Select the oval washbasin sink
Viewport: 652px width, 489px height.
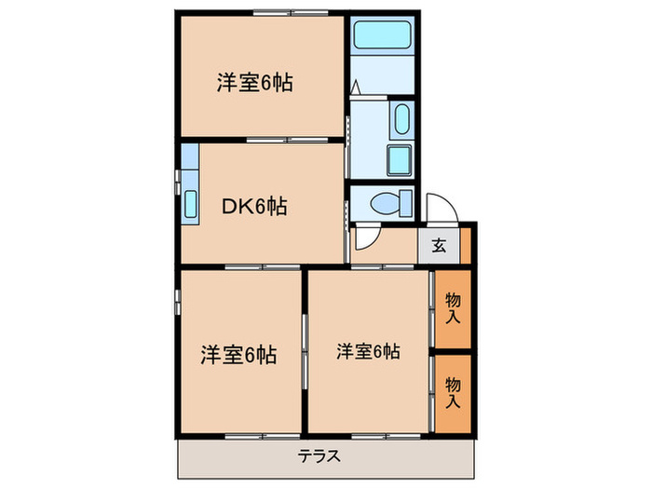401,120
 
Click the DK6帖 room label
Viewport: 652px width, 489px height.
252,207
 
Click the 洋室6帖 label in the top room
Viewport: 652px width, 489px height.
254,83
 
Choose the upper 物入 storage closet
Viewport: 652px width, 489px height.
452,307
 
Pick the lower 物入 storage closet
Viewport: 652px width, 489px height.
452,392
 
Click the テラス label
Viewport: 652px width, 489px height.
319,456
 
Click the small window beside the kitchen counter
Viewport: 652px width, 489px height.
177,175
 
